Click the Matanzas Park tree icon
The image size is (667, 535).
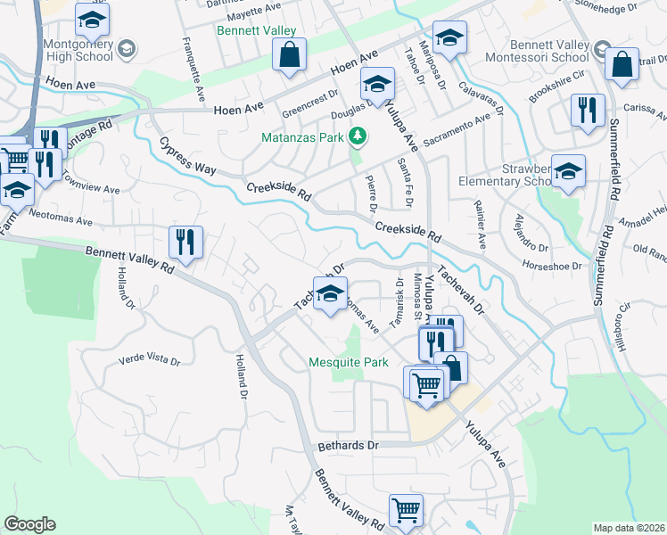(358, 136)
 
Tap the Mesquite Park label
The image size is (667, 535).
(349, 362)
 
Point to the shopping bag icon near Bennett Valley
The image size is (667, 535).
(290, 56)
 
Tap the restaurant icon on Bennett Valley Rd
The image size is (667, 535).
(185, 243)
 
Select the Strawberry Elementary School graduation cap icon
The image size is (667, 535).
(567, 172)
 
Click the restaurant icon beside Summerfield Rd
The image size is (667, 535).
(587, 111)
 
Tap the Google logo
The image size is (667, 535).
(29, 524)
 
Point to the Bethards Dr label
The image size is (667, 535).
(349, 445)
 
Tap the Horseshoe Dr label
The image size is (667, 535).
(552, 266)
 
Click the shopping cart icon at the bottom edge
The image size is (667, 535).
(406, 512)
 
